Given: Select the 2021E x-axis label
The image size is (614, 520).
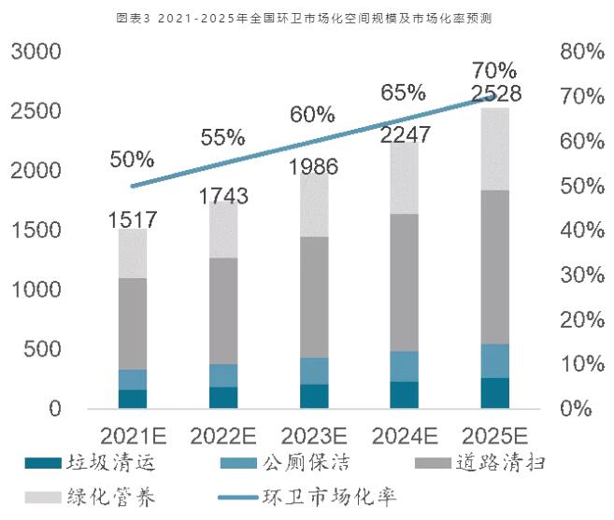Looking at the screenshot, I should (132, 435).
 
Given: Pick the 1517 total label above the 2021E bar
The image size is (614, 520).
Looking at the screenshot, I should (132, 220).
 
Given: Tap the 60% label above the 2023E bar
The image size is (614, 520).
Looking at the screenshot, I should (311, 115).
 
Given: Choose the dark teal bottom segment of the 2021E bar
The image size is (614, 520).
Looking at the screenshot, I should (132, 399).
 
